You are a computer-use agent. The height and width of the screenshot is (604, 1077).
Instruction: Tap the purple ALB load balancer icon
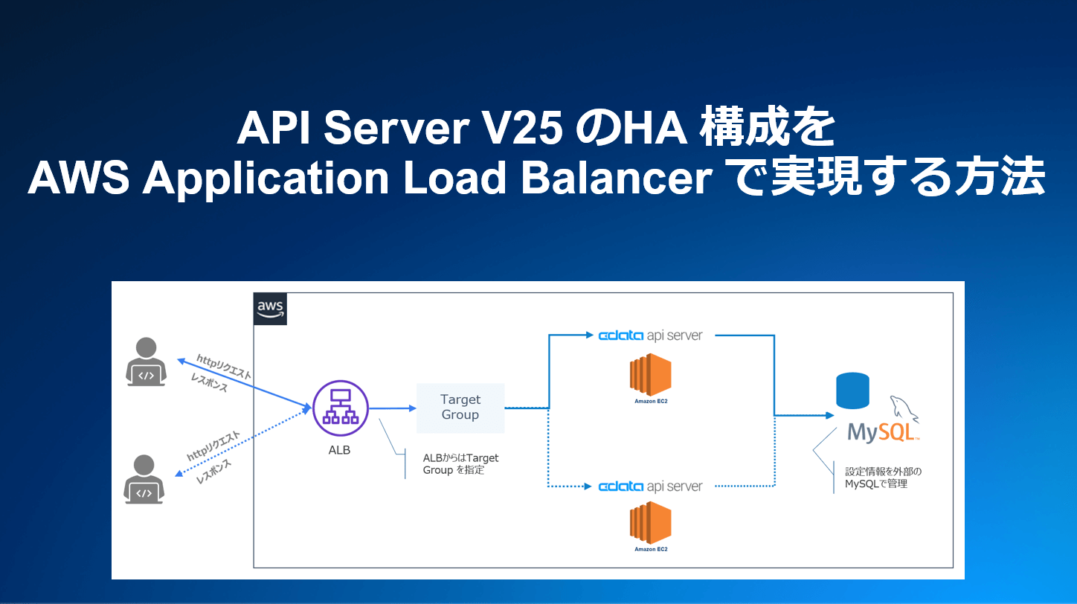(x=341, y=408)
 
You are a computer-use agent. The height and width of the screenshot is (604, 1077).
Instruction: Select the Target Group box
(x=460, y=408)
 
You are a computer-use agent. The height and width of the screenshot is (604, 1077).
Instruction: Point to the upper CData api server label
(x=651, y=335)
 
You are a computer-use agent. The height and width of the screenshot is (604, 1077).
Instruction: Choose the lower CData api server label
(x=651, y=486)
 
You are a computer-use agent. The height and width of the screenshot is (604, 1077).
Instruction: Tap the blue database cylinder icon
(x=852, y=391)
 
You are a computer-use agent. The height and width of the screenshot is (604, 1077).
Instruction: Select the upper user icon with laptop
(x=147, y=362)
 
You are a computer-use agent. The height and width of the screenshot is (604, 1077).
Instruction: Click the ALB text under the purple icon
(x=339, y=450)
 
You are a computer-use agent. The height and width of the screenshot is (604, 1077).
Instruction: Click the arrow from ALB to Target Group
(x=392, y=408)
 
